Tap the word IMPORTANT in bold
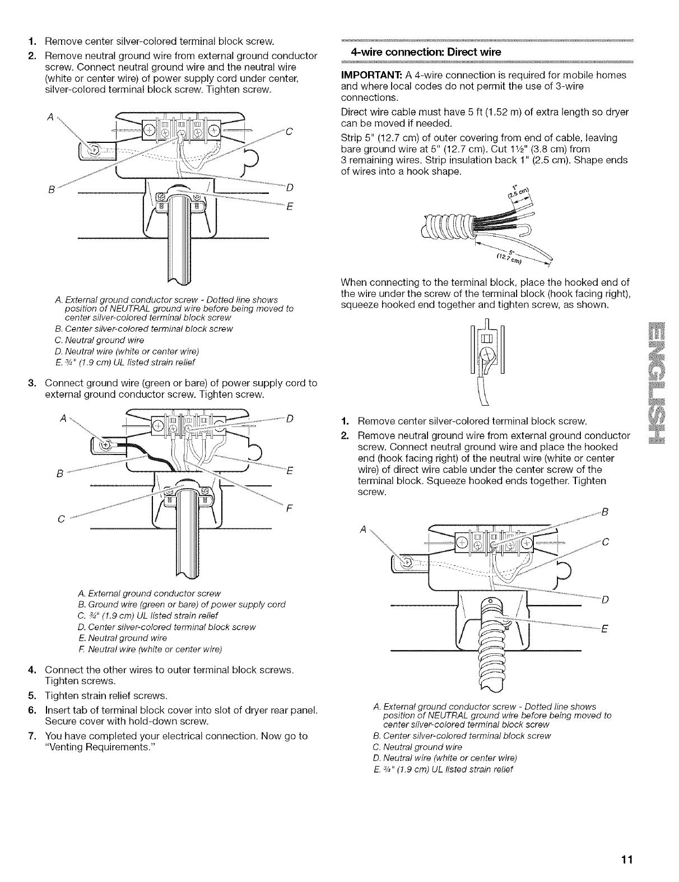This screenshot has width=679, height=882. pos(370,75)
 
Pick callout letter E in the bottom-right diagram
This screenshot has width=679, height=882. pos(604,628)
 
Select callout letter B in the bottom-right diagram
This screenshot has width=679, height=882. pos(604,510)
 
